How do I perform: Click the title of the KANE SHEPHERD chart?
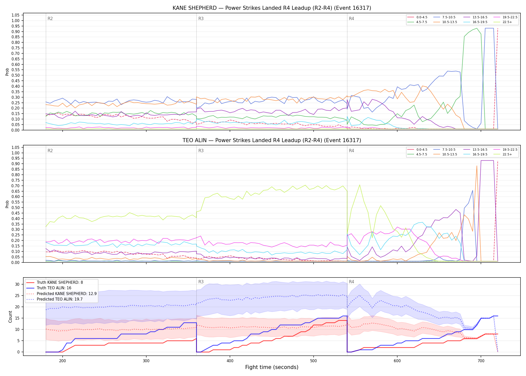pyautogui.click(x=272, y=8)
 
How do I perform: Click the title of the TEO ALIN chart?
pyautogui.click(x=272, y=140)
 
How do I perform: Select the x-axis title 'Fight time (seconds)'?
pyautogui.click(x=272, y=367)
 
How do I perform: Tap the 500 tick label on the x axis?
pyautogui.click(x=313, y=361)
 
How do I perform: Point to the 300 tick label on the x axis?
pyautogui.click(x=146, y=361)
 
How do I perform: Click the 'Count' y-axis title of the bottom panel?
pyautogui.click(x=10, y=317)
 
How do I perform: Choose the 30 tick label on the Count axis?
pyautogui.click(x=17, y=284)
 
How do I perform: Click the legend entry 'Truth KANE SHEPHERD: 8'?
pyautogui.click(x=60, y=283)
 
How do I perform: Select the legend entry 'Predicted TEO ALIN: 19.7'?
pyautogui.click(x=60, y=299)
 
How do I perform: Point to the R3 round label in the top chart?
pyautogui.click(x=201, y=19)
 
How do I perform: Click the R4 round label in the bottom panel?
pyautogui.click(x=351, y=282)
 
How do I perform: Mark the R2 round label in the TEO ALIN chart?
pyautogui.click(x=50, y=151)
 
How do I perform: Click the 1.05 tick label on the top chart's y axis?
pyautogui.click(x=16, y=15)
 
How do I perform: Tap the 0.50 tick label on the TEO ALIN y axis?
pyautogui.click(x=16, y=208)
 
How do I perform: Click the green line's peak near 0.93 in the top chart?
pyautogui.click(x=477, y=28)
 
